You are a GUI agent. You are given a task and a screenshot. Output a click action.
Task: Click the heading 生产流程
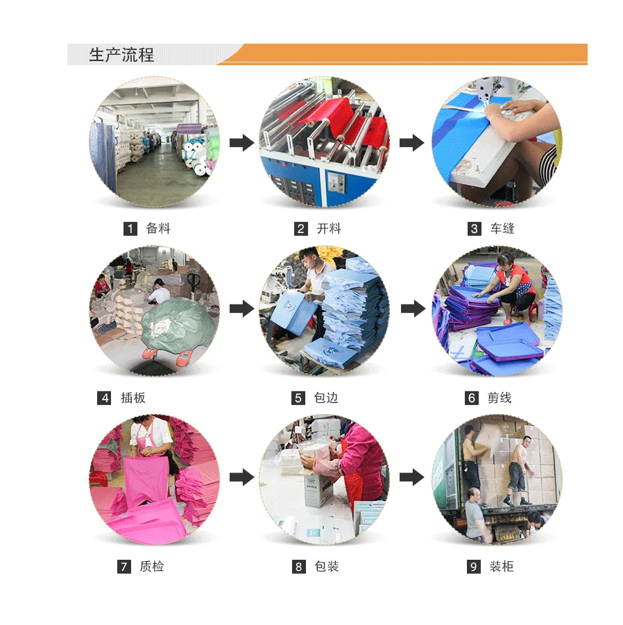[x=121, y=55]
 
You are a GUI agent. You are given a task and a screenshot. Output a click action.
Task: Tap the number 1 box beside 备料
[x=130, y=229]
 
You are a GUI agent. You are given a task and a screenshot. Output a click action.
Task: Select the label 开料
[x=329, y=228]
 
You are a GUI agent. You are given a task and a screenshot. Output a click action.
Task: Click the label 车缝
[x=502, y=228]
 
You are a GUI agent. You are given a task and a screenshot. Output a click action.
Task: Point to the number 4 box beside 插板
[x=105, y=397]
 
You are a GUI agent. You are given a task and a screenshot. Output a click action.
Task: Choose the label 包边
[x=326, y=397]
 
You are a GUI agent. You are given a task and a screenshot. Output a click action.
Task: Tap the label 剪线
[x=500, y=397]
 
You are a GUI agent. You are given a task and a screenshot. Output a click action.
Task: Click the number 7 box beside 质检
[x=124, y=567]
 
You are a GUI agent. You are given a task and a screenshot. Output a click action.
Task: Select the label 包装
[x=327, y=566]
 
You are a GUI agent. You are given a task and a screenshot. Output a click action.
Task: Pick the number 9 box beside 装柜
[x=474, y=567]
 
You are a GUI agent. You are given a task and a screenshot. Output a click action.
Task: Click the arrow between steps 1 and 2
[x=242, y=143]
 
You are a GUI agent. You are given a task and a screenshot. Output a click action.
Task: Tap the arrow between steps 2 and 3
[x=412, y=143]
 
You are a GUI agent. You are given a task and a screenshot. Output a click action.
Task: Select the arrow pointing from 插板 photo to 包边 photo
[x=242, y=309]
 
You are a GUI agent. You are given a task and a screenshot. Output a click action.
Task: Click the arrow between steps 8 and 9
[x=412, y=477]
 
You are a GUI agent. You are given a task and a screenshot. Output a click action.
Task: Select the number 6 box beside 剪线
[x=472, y=397]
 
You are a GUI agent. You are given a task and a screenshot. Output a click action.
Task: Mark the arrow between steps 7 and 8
[x=242, y=477]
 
